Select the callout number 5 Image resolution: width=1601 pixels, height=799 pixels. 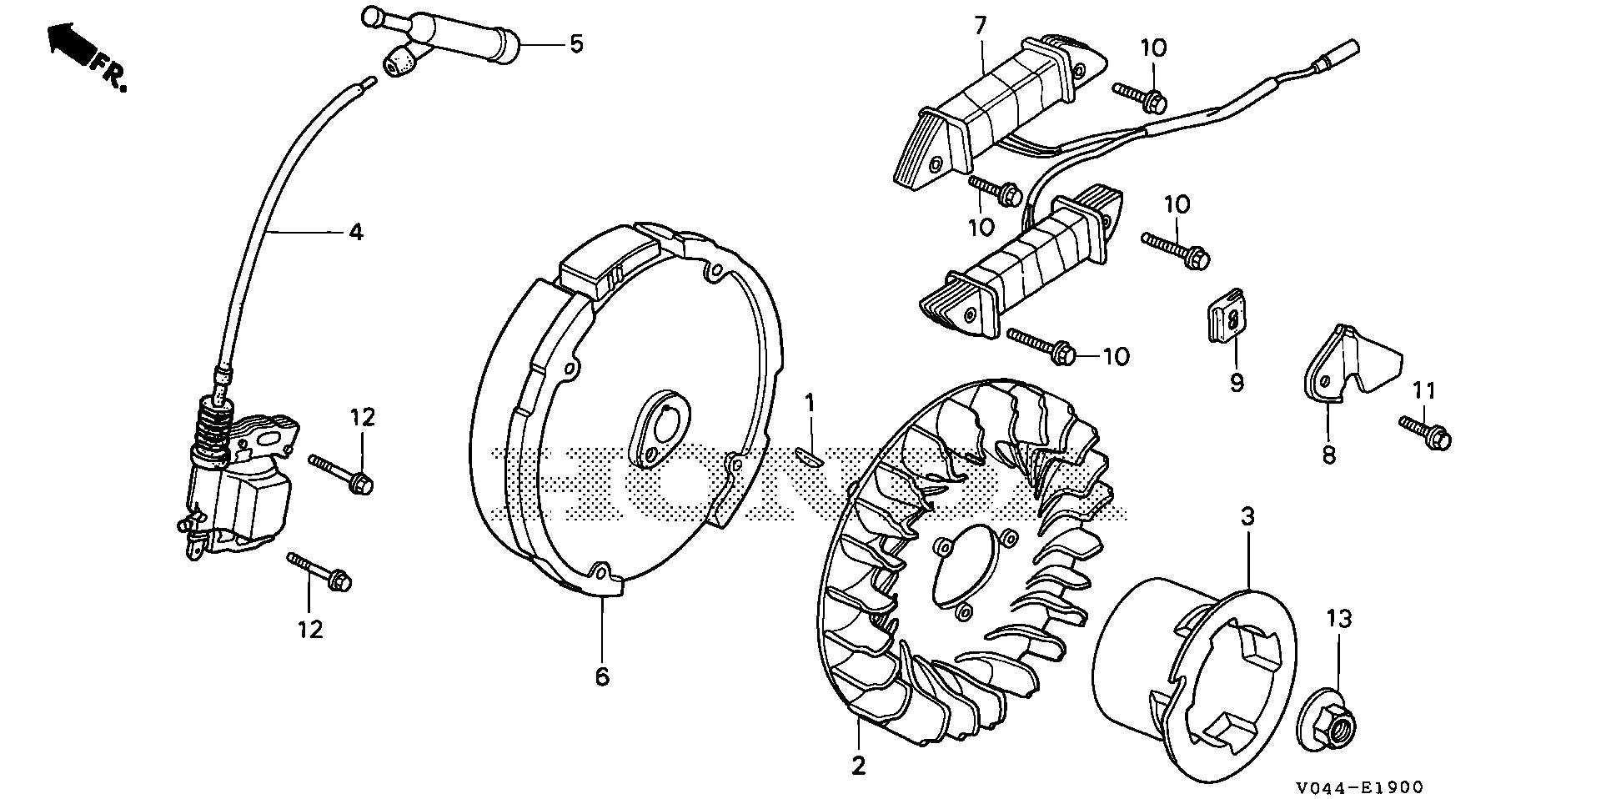[x=575, y=43]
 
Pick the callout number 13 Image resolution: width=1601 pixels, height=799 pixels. [x=1340, y=620]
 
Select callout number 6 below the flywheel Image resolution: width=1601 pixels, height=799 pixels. [x=602, y=676]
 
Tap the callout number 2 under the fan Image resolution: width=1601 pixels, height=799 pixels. [x=859, y=765]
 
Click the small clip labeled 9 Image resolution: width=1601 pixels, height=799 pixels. [x=1228, y=323]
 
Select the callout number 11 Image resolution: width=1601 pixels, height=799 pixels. [x=1424, y=389]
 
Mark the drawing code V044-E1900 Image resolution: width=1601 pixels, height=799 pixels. [x=1359, y=786]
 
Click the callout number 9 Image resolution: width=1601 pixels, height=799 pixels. [x=1237, y=382]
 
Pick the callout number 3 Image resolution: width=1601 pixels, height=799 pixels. [x=1247, y=517]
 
